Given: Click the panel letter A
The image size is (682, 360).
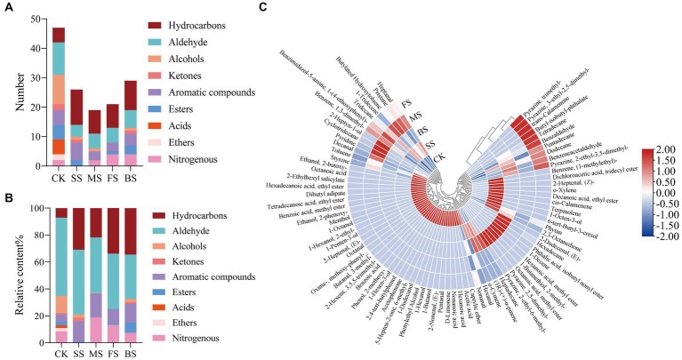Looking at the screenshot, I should click(x=8, y=8).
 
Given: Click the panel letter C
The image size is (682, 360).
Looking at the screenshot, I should click(x=264, y=8).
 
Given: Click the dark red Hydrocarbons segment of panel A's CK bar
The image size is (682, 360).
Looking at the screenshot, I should click(x=60, y=35).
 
